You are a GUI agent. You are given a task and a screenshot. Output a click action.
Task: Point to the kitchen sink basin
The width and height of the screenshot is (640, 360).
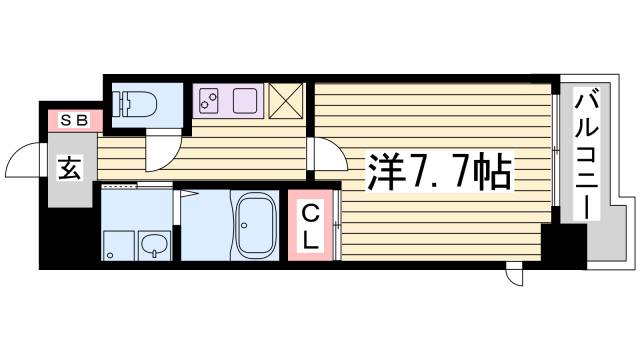(244, 100)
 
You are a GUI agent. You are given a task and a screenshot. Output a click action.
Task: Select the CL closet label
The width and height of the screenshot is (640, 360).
(311, 226)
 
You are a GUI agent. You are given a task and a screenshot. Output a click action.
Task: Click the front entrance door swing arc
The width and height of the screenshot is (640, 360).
(24, 160)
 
